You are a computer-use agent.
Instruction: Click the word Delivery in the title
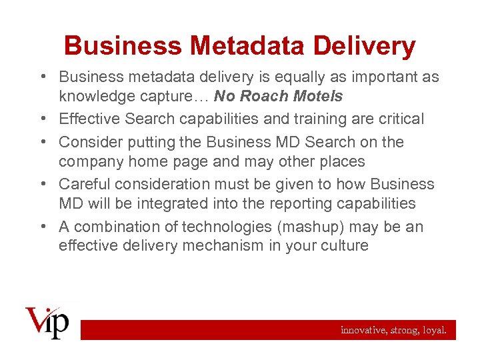369,46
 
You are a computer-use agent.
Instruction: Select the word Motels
317,96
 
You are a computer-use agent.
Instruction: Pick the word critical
399,119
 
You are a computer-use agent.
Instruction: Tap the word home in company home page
154,161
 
